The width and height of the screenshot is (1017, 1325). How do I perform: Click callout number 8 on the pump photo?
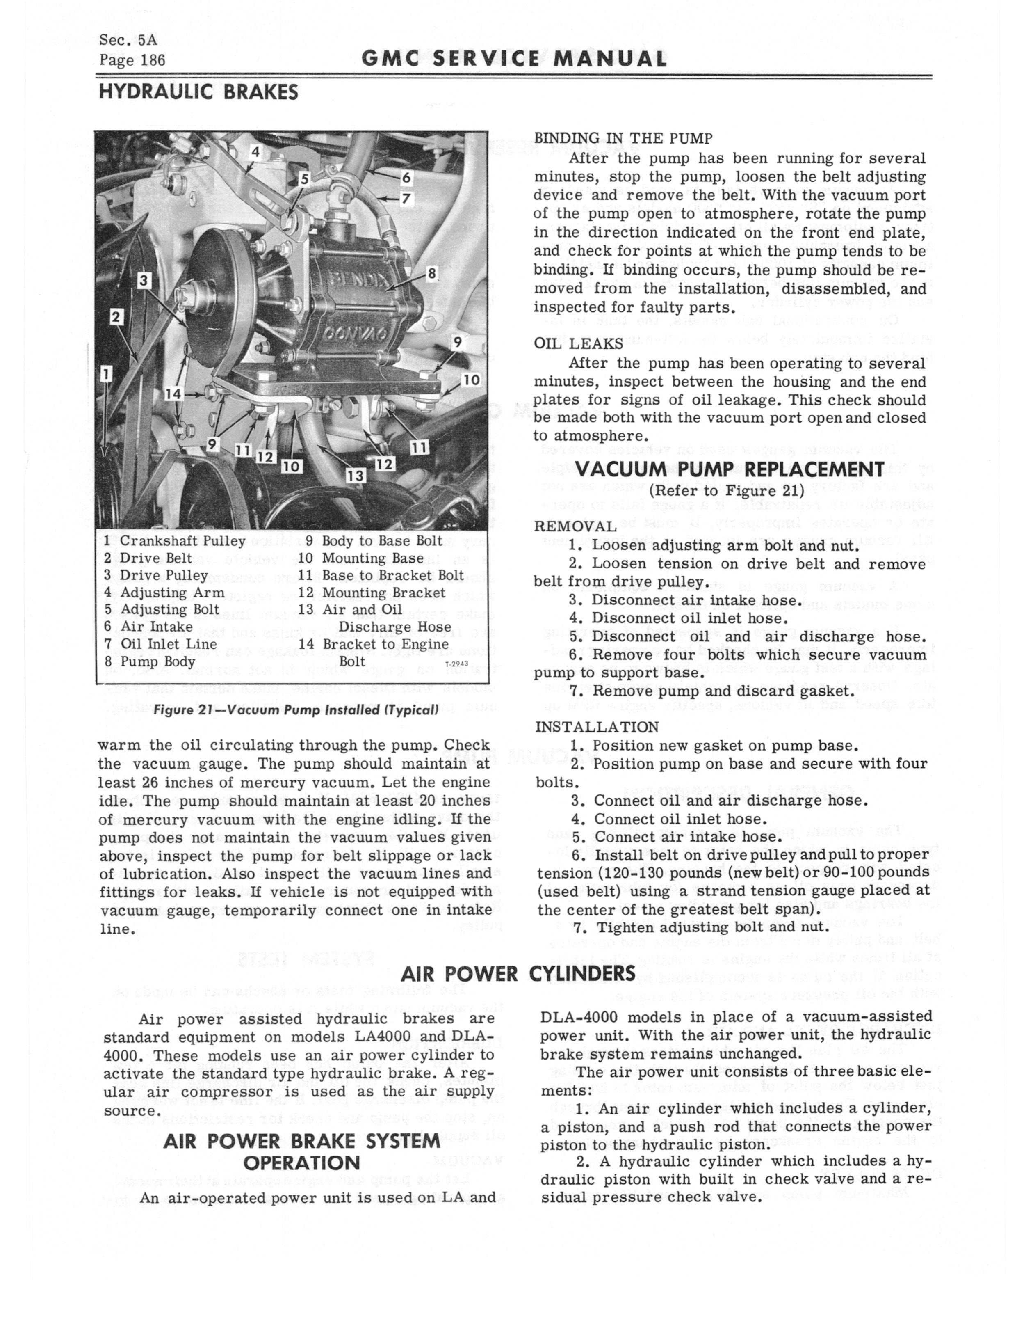(x=432, y=274)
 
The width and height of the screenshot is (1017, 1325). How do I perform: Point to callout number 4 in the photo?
(x=255, y=152)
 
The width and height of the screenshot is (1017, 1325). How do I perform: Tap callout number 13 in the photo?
(x=356, y=475)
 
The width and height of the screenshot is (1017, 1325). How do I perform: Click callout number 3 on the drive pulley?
(x=144, y=280)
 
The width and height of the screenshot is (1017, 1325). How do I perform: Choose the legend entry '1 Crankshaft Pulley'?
(x=174, y=541)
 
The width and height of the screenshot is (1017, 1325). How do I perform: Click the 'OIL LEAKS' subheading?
(x=578, y=343)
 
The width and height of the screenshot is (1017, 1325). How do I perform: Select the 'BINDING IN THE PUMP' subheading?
(x=623, y=138)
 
